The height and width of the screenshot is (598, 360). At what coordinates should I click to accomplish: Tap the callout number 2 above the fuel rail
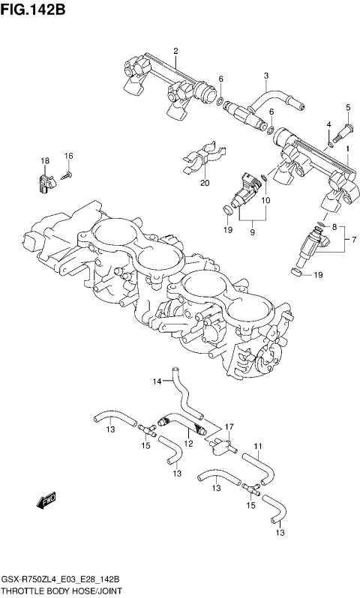pyautogui.click(x=175, y=51)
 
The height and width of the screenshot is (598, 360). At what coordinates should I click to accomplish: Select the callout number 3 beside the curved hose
pyautogui.click(x=265, y=75)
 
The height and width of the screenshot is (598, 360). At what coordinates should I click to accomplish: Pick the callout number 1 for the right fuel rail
pyautogui.click(x=347, y=149)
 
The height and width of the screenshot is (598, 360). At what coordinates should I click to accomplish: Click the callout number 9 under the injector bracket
pyautogui.click(x=252, y=233)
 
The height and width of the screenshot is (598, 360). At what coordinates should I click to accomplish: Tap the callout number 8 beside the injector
pyautogui.click(x=335, y=227)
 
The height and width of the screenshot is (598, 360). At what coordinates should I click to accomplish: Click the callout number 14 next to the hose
pyautogui.click(x=157, y=381)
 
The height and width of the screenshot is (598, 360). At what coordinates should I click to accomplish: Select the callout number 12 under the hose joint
pyautogui.click(x=189, y=444)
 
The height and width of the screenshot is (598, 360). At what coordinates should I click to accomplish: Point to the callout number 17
pyautogui.click(x=229, y=426)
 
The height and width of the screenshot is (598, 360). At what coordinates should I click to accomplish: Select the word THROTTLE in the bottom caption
pyautogui.click(x=25, y=591)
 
